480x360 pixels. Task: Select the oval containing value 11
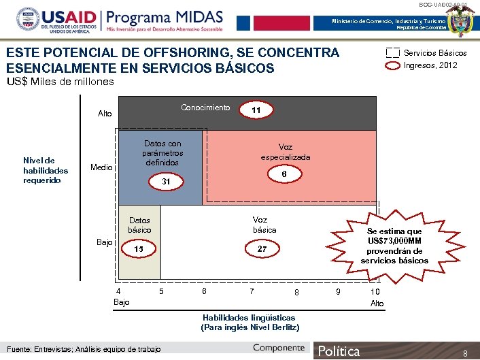pyautogui.click(x=256, y=110)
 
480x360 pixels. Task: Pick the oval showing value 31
pyautogui.click(x=166, y=182)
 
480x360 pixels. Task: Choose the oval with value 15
pyautogui.click(x=139, y=249)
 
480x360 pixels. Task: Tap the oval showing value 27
pyautogui.click(x=262, y=249)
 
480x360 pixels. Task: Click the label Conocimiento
pyautogui.click(x=205, y=108)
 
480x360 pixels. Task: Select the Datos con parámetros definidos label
pyautogui.click(x=162, y=153)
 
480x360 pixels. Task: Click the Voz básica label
pyautogui.click(x=264, y=225)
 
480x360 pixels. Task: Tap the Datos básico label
pyautogui.click(x=139, y=225)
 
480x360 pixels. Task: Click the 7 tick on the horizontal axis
pyautogui.click(x=252, y=291)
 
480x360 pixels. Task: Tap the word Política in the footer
pyautogui.click(x=339, y=351)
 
